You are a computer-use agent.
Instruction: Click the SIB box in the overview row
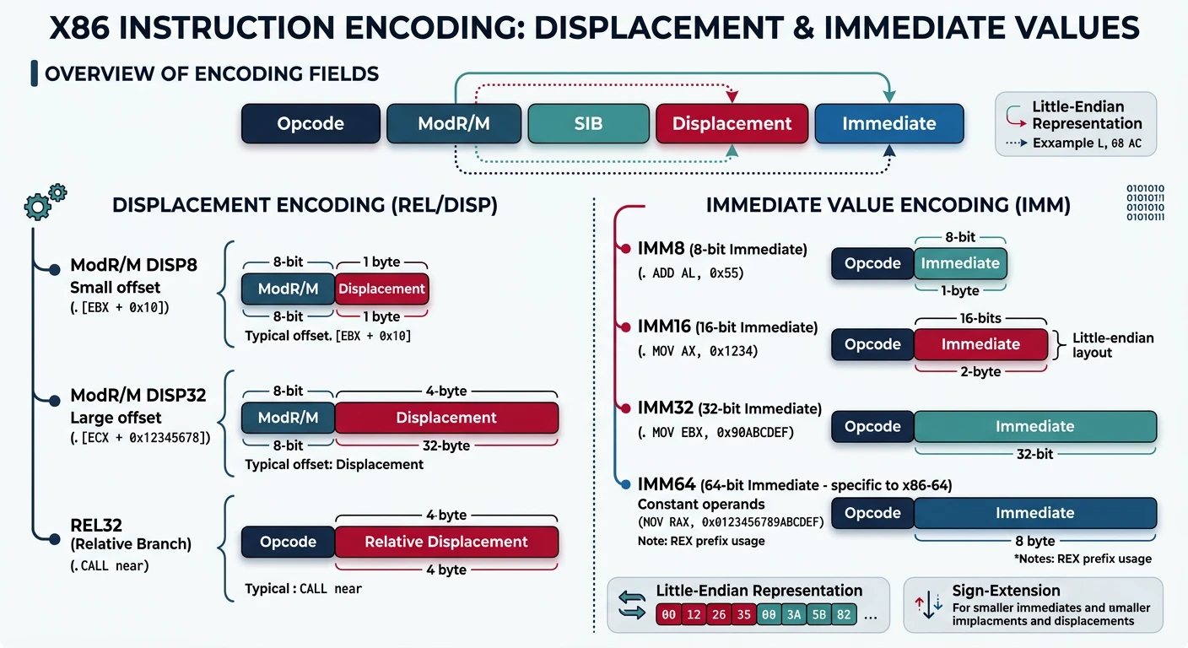point(588,123)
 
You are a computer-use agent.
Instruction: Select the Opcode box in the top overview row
point(310,123)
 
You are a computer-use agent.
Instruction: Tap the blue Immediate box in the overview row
point(888,123)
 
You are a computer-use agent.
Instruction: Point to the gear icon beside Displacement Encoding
point(45,202)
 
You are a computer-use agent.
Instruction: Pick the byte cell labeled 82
point(843,615)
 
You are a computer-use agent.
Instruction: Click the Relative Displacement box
point(446,542)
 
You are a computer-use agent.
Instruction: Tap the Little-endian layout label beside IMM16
point(1112,345)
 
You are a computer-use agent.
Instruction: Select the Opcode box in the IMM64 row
point(872,513)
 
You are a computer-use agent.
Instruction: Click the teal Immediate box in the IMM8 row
point(960,263)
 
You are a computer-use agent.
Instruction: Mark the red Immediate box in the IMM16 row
point(980,344)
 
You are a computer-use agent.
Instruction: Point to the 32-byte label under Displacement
point(445,445)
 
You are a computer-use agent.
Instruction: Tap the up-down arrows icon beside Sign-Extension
point(927,606)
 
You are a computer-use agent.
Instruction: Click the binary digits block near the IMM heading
point(1146,202)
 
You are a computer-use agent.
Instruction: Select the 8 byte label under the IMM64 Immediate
point(1034,541)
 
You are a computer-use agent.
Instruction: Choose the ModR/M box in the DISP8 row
point(288,289)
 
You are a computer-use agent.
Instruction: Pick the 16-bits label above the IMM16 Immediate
point(980,319)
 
